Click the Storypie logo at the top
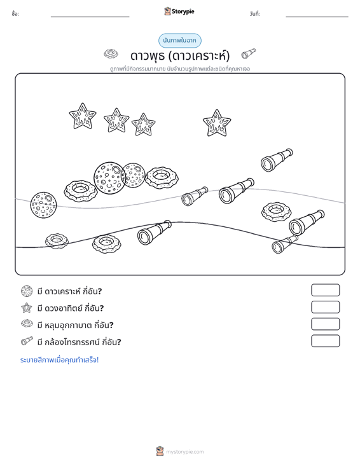click(179, 11)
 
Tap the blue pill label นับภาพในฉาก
click(180, 41)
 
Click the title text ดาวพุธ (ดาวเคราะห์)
click(180, 55)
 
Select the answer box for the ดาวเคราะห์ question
click(325, 290)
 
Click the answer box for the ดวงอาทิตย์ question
click(325, 307)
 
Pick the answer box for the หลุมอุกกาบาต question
click(325, 324)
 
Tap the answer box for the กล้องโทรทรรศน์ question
click(325, 341)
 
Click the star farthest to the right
click(217, 123)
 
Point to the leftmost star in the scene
click(83, 116)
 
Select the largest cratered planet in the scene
click(109, 178)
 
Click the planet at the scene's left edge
click(43, 205)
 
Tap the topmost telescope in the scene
click(277, 160)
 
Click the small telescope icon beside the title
click(248, 53)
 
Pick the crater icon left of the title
click(111, 54)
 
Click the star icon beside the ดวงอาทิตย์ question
click(27, 308)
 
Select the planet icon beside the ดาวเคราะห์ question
click(27, 291)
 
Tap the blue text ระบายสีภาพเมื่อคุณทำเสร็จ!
click(59, 360)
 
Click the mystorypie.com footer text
click(184, 452)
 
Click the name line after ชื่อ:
click(90, 17)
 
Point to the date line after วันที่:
click(317, 17)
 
